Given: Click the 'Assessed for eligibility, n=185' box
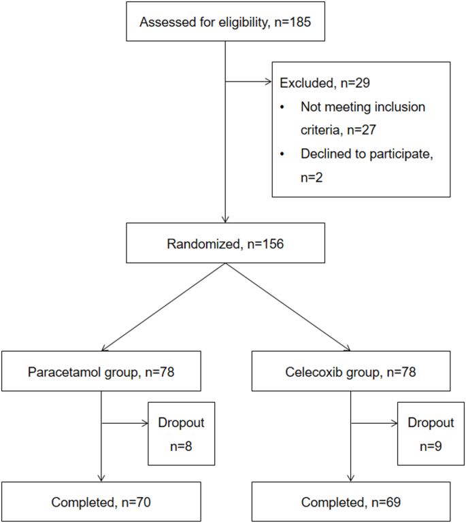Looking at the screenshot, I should (226, 22).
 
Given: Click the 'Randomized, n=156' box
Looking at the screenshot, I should (226, 243).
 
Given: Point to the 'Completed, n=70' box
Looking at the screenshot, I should (101, 502).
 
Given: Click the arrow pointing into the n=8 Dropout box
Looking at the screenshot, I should (126, 423).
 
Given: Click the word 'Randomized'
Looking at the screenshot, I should (198, 243).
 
